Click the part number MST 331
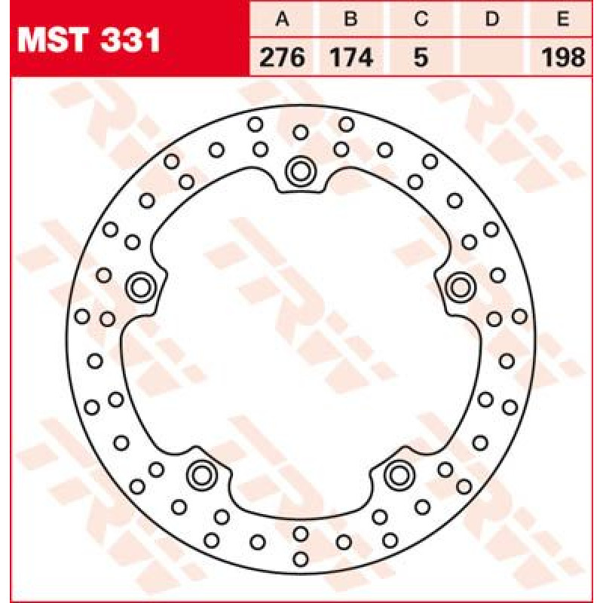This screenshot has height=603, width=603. coord(89,40)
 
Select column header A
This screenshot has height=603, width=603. coord(282,18)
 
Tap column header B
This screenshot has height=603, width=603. coord(351,18)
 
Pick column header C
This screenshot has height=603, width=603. coord(421,18)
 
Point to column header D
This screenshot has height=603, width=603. coord(492,18)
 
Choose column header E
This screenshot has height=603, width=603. coord(562,18)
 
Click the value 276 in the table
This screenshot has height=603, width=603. coord(282,57)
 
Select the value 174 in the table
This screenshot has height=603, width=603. coord(351,57)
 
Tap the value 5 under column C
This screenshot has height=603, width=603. coord(421,57)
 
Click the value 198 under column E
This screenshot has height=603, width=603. coord(563,57)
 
